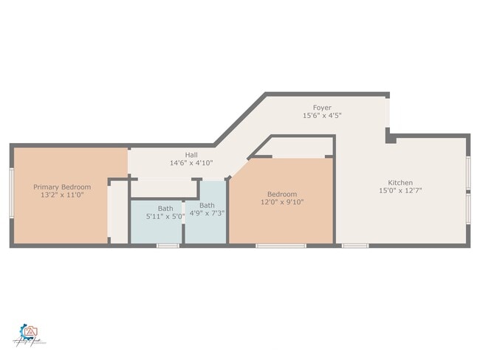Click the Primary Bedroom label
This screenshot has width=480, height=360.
pos(62,187)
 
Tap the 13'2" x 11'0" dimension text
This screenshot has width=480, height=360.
pos(62,195)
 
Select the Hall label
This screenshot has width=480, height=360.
pos(191,155)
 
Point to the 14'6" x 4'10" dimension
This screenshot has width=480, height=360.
pos(191,163)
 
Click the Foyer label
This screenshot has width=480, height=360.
pos(322,108)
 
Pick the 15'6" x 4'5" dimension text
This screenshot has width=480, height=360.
pos(322,116)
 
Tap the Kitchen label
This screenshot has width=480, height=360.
pos(401,183)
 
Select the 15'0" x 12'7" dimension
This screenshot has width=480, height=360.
pos(401,191)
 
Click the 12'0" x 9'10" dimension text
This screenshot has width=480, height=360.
pos(282,202)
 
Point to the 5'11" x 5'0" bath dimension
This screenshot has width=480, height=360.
pos(165,217)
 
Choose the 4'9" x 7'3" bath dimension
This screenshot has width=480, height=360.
pos(208,213)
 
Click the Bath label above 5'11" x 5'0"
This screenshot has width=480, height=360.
pos(165,209)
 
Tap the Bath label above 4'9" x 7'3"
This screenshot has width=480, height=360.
pos(208,205)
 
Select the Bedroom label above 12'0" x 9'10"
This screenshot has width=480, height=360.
pos(282,194)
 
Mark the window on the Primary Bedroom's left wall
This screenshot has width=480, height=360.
pos(11,193)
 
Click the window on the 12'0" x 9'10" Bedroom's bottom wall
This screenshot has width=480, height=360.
pos(281,245)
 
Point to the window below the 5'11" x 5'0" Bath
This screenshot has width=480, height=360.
pos(168,245)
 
